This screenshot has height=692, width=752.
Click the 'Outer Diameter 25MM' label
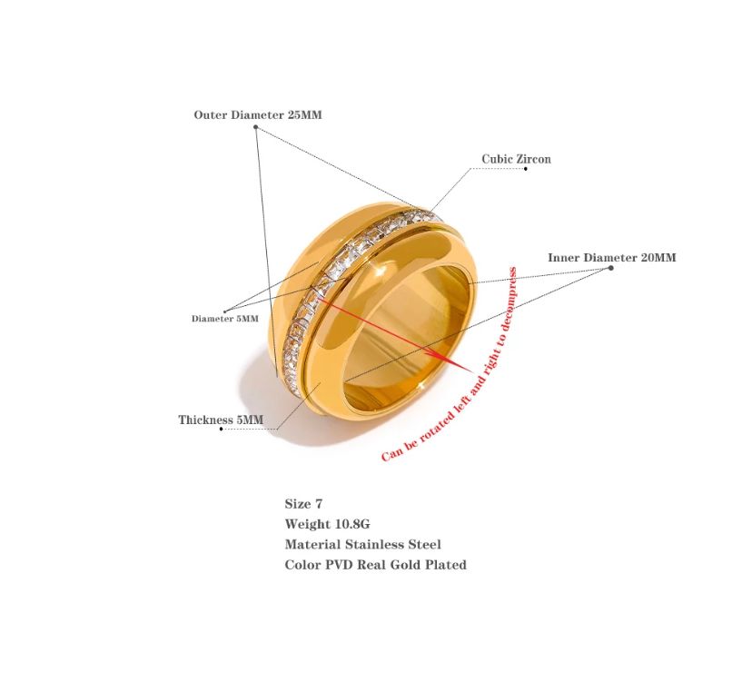258,114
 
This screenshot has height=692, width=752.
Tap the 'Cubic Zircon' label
516,159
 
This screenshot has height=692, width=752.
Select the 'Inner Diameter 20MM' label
612,258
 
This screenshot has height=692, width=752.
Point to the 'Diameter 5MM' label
225,319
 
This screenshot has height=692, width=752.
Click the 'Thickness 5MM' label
221,420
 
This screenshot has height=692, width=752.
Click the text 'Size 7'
303,503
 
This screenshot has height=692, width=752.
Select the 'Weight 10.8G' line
328,524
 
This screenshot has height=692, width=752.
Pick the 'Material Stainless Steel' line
363,544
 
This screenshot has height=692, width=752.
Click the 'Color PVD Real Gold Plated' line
375,565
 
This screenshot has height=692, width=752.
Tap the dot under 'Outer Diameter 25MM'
255,127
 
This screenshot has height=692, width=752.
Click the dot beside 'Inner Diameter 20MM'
610,268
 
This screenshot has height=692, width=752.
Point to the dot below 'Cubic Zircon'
526,169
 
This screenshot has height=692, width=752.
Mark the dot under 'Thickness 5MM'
221,429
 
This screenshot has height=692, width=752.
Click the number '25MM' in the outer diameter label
304,114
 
